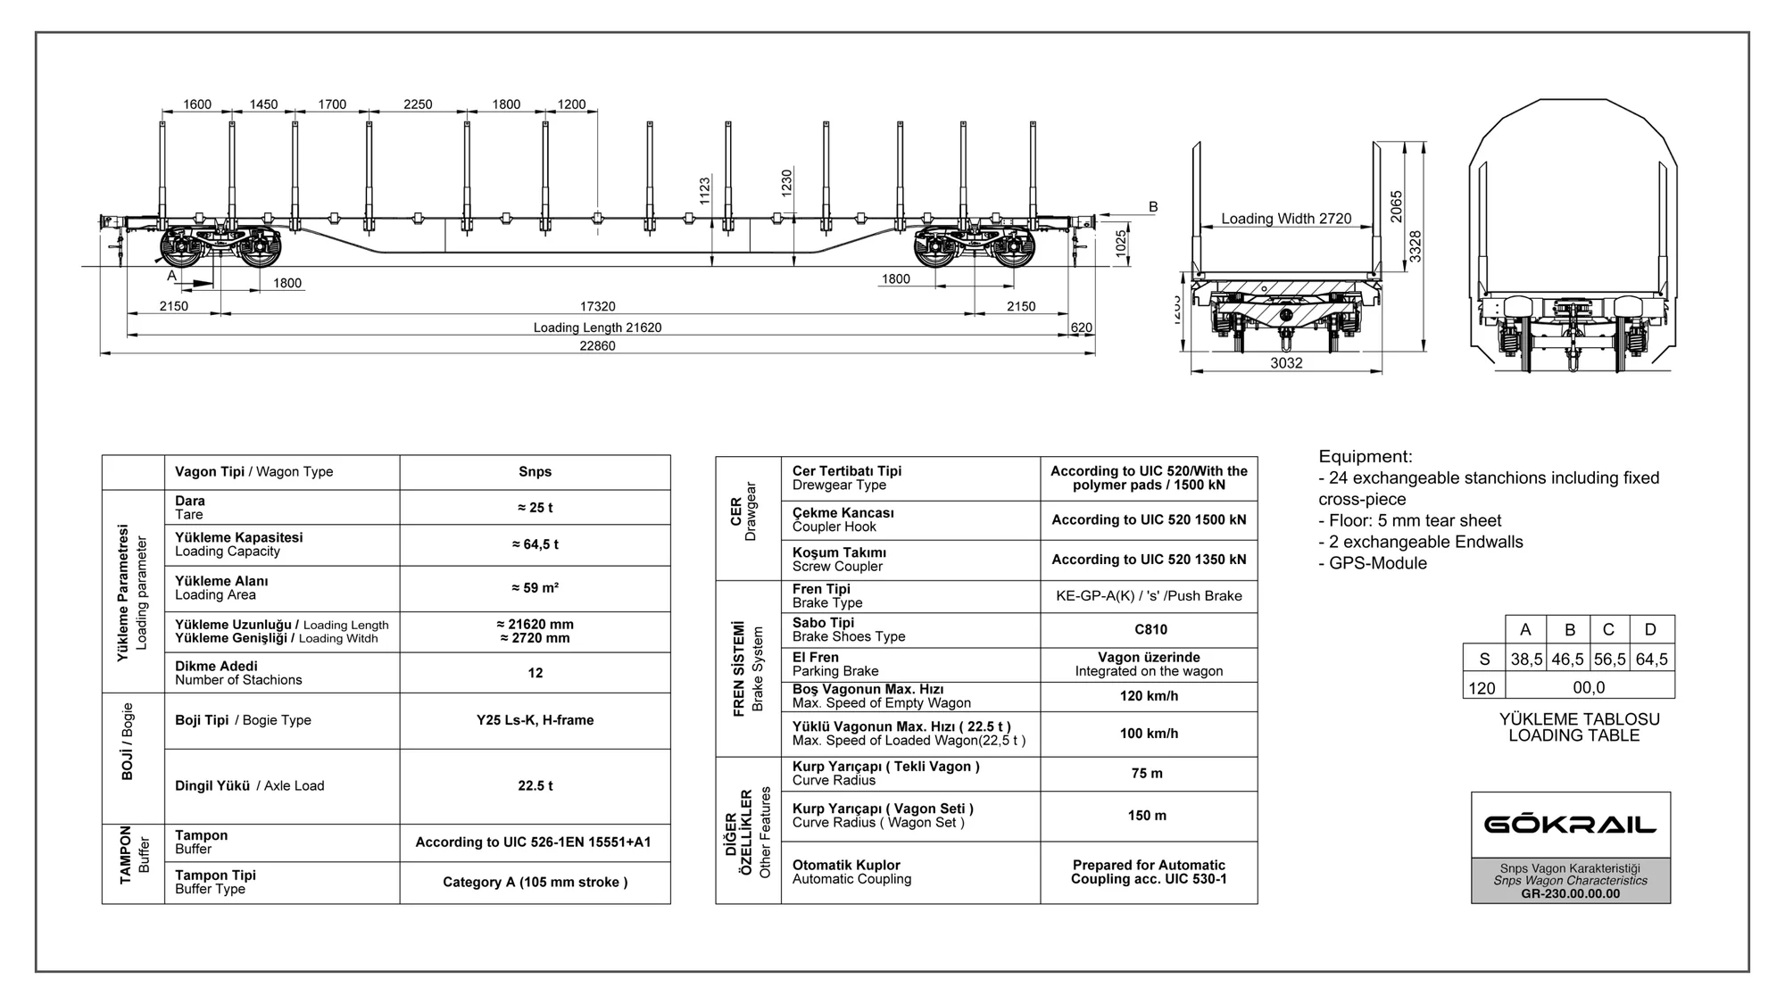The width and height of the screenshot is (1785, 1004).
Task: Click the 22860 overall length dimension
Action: (597, 346)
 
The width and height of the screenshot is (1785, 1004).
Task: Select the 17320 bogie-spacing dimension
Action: (597, 307)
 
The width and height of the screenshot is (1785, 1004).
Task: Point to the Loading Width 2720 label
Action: (1286, 219)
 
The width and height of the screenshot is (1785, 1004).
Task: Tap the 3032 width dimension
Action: (1286, 363)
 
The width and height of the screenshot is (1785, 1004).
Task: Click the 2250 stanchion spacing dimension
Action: (418, 104)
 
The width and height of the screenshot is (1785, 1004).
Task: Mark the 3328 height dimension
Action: (1416, 246)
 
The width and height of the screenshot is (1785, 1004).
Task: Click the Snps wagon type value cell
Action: (535, 472)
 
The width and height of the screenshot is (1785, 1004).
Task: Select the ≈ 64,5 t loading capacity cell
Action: (535, 544)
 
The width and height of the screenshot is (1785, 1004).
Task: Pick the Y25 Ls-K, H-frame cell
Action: (535, 720)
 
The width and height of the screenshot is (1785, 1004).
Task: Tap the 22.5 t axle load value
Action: (535, 786)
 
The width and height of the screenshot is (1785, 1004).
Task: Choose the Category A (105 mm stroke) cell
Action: (535, 883)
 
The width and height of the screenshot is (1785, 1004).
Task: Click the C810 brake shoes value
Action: (1150, 630)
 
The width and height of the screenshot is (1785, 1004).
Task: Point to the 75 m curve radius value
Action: (1147, 774)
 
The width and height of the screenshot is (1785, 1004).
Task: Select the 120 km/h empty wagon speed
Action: (1149, 696)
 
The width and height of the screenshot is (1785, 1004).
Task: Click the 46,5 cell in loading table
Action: (1567, 660)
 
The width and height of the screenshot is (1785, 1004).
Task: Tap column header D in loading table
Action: (1650, 630)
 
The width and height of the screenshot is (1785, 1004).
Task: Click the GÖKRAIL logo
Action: (1570, 824)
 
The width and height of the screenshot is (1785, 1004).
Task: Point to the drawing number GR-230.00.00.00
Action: (1570, 894)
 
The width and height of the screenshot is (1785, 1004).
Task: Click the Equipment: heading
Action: (1366, 457)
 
